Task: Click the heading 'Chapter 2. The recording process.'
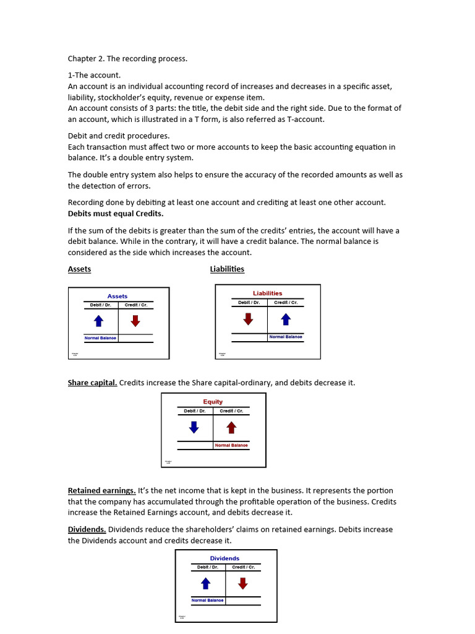click(x=127, y=59)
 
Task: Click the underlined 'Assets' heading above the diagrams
click(x=79, y=269)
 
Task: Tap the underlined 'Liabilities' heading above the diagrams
click(x=227, y=269)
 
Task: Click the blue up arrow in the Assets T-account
click(x=98, y=321)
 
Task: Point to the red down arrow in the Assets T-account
click(x=135, y=321)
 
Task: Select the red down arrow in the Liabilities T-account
click(x=248, y=319)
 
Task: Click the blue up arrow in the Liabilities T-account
click(x=286, y=319)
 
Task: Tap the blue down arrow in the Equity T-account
click(x=194, y=427)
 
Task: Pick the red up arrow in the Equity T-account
click(x=231, y=427)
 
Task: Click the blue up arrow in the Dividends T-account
click(x=206, y=583)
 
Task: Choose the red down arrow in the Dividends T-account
click(x=242, y=583)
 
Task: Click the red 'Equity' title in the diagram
click(x=213, y=402)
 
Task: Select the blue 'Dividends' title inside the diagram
click(x=225, y=558)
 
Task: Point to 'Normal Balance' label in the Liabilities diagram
click(x=285, y=337)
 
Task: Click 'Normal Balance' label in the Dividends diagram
click(x=207, y=601)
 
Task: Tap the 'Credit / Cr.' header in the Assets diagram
click(x=135, y=305)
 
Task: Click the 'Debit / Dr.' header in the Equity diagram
click(x=194, y=411)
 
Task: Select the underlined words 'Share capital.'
click(x=92, y=383)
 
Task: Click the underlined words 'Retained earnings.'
click(x=101, y=491)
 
